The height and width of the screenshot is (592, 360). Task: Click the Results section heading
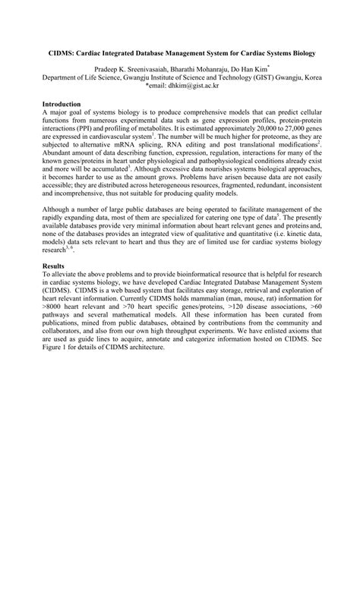[x=54, y=266]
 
